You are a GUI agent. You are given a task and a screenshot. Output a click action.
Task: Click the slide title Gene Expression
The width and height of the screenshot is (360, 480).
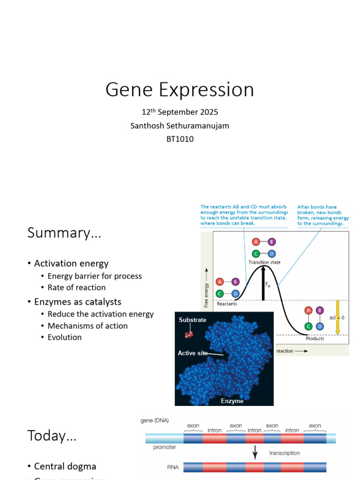pos(180,90)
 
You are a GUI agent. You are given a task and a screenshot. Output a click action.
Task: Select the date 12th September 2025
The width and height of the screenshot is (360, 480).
pos(180,112)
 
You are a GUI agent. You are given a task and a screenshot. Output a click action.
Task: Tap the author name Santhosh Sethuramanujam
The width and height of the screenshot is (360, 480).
pos(180,126)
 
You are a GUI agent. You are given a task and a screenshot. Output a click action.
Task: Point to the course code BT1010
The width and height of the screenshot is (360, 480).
pos(180,139)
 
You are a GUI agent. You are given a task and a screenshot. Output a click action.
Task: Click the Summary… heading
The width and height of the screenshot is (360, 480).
pos(64,233)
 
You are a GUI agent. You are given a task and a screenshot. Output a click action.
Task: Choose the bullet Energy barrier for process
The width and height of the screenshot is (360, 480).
pos(95,276)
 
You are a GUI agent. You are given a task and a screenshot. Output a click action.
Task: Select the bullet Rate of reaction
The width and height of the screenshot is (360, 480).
pos(76,287)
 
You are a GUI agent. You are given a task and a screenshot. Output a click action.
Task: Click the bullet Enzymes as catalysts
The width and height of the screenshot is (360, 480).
pos(78,302)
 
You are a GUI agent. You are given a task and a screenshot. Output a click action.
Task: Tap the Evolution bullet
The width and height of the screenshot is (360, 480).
pos(65,337)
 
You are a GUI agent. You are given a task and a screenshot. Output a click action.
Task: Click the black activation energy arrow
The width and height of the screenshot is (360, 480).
pos(263,283)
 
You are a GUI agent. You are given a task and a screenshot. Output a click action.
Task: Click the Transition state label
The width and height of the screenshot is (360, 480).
pos(264,262)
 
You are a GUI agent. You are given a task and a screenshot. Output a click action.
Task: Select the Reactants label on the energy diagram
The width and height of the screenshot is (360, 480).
pos(227,304)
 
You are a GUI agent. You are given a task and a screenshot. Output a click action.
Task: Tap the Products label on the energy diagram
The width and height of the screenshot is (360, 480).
pos(315,338)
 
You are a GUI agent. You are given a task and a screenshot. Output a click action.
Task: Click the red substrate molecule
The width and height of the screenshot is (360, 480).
pos(188,334)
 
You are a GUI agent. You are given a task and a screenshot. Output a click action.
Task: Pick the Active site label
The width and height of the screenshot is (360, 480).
pos(193,353)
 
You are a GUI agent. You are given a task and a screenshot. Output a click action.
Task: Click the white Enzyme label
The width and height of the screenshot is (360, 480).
pos(232,401)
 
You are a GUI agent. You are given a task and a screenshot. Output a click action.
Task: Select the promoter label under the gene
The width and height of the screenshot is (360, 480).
pos(165,447)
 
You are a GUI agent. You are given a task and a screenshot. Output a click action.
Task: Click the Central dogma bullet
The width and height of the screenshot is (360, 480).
pos(65,466)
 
